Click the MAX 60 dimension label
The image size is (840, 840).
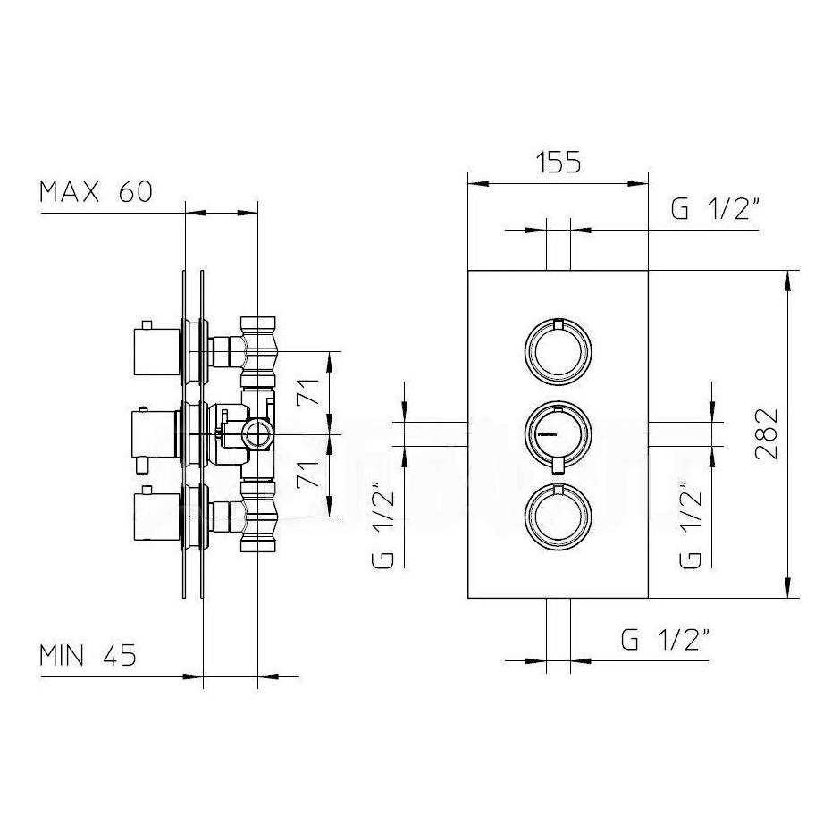click(x=97, y=192)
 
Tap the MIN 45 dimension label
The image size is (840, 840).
click(x=88, y=655)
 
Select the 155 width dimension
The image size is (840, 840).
click(x=559, y=163)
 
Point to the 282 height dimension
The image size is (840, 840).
click(x=766, y=433)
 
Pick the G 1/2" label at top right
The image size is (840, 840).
click(x=715, y=208)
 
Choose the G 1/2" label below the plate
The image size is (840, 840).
click(x=666, y=639)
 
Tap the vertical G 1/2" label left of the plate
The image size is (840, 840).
click(x=382, y=525)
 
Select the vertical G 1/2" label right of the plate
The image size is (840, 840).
click(x=691, y=525)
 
